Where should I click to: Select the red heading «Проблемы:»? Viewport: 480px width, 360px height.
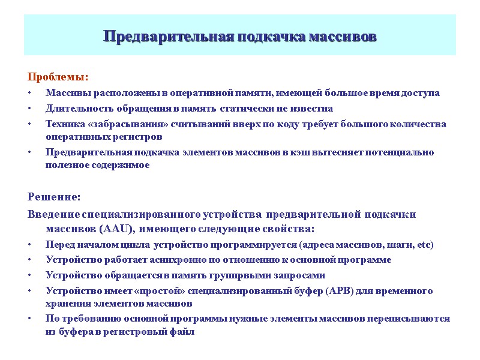[58, 77]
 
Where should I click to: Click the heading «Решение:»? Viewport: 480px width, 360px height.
[54, 197]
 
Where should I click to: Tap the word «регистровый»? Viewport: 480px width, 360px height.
[145, 332]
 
